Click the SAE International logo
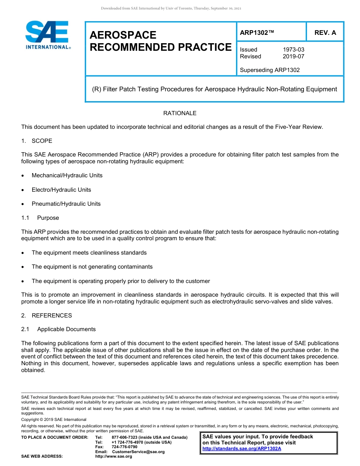[x=47, y=35]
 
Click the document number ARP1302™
[x=257, y=33]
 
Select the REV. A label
[x=325, y=33]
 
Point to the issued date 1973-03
[x=293, y=50]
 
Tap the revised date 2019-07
[x=293, y=56]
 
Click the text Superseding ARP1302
[x=269, y=70]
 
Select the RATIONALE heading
[x=180, y=113]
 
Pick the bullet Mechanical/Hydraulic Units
[x=67, y=175]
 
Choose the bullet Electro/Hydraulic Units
[x=61, y=190]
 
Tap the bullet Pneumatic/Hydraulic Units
[x=66, y=204]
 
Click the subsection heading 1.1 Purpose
[x=41, y=218]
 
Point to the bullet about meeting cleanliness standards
[x=89, y=253]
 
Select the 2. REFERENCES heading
[x=47, y=316]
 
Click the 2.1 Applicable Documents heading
[x=59, y=329]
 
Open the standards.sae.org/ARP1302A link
[x=242, y=449]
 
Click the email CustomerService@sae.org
[x=138, y=452]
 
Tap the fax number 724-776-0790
[x=125, y=447]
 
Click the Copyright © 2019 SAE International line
[x=54, y=419]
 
